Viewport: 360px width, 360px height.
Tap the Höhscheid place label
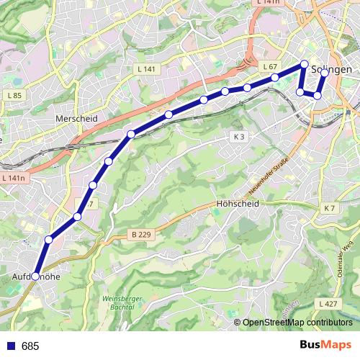pos(237,204)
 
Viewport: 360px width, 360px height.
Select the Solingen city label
pos(333,69)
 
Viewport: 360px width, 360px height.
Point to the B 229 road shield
pos(141,234)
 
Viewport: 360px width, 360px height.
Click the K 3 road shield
pos(239,137)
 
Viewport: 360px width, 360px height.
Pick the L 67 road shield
pos(270,66)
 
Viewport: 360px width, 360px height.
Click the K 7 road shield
pos(330,208)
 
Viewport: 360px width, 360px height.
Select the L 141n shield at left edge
pos(13,178)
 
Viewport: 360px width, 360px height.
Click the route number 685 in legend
pos(30,346)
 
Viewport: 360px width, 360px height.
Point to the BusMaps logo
pos(325,346)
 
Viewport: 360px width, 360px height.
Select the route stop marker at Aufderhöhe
pos(35,276)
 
